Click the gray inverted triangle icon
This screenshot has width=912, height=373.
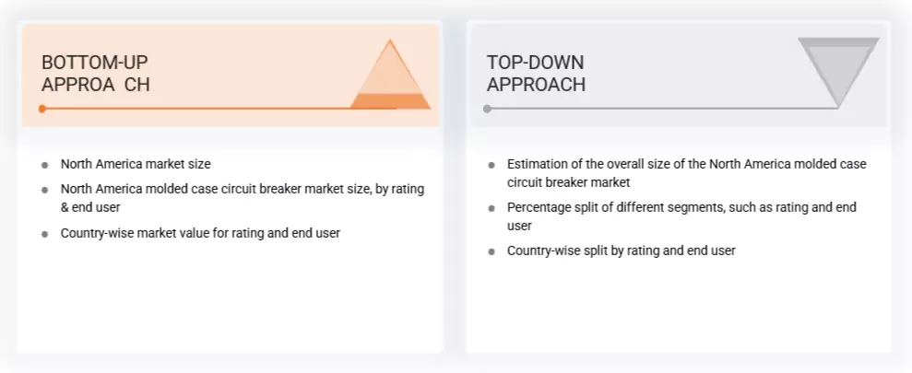pos(837,71)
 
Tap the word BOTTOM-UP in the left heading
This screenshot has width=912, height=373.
pos(94,63)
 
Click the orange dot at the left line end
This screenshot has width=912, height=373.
pos(42,109)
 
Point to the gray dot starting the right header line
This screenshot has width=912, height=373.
pos(487,109)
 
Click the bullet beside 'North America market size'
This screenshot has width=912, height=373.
pos(45,165)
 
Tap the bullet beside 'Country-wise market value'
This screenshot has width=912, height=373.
pos(45,234)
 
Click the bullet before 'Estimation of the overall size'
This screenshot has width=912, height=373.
pos(492,165)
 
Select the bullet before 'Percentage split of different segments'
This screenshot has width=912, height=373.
pos(492,208)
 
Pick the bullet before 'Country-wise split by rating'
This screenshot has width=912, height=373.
pos(492,251)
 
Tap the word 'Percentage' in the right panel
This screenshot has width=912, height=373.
pos(539,207)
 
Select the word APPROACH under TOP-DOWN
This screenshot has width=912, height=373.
pos(536,85)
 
